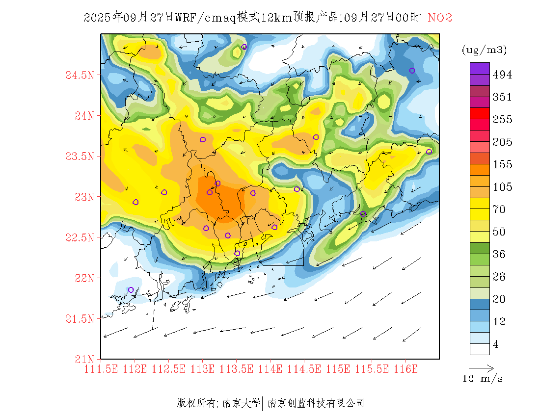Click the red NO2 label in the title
440,18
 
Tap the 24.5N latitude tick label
79,76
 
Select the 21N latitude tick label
83,359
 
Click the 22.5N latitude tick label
79,238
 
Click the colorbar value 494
502,75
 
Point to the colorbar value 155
502,164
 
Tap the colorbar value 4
496,344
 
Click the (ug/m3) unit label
484,50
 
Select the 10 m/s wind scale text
483,379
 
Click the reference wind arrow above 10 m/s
481,367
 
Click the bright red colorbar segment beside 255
480,113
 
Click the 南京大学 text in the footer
241,403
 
